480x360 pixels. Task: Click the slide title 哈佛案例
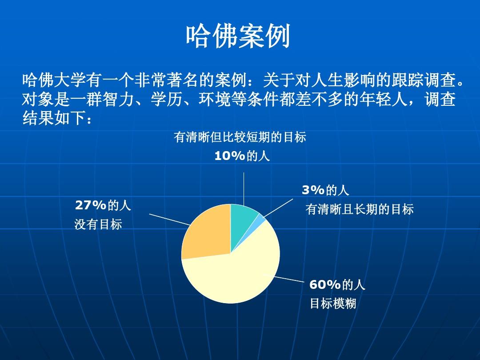[238, 36]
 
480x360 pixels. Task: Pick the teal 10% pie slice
[242, 218]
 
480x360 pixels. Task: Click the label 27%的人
[103, 205]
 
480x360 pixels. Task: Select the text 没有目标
[98, 224]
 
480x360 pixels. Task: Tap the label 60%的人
[337, 284]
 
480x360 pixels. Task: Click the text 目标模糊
[332, 304]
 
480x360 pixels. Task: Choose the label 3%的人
[325, 190]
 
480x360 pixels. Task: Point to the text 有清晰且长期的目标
[360, 209]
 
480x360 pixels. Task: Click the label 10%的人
[242, 156]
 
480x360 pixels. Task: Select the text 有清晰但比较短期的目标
[240, 137]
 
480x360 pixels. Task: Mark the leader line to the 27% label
[169, 220]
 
